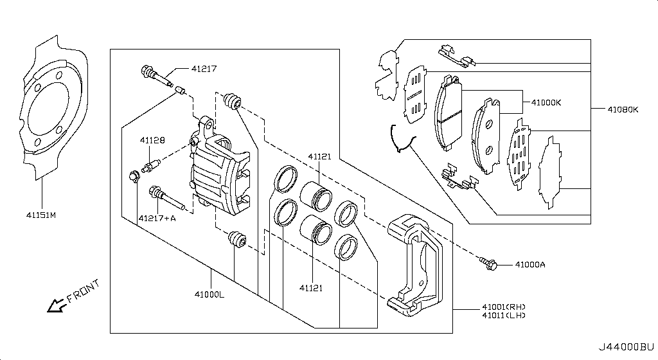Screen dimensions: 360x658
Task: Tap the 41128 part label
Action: click(153, 140)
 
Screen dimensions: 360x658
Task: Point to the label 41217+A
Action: click(157, 218)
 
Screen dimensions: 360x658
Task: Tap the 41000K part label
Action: click(546, 102)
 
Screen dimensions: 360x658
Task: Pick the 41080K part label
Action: click(623, 109)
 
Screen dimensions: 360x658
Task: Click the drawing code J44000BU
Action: click(627, 347)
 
